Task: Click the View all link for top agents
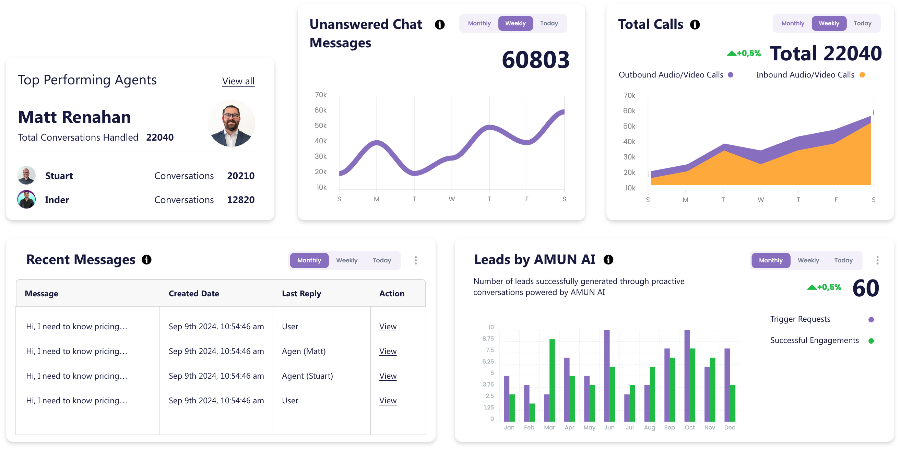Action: coord(238,81)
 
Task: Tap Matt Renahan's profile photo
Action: coord(231,123)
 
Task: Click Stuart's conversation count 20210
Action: coord(241,176)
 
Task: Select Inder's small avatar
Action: coord(26,200)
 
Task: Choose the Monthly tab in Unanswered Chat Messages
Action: coord(479,23)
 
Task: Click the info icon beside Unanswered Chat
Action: coord(439,24)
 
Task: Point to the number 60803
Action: coord(535,59)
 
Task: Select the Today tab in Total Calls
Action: coord(862,23)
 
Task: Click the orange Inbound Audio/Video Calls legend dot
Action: coord(862,75)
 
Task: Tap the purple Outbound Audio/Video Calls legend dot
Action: coord(731,75)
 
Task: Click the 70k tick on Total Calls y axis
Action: coord(629,95)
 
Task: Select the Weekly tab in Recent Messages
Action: coord(346,260)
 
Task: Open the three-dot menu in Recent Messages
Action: coord(416,260)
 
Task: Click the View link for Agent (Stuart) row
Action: coord(388,376)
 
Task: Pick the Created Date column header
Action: coord(194,294)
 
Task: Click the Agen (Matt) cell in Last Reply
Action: coord(304,351)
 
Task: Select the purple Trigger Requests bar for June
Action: coord(607,376)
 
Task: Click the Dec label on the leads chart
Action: coord(730,427)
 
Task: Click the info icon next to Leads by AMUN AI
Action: coord(608,260)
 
